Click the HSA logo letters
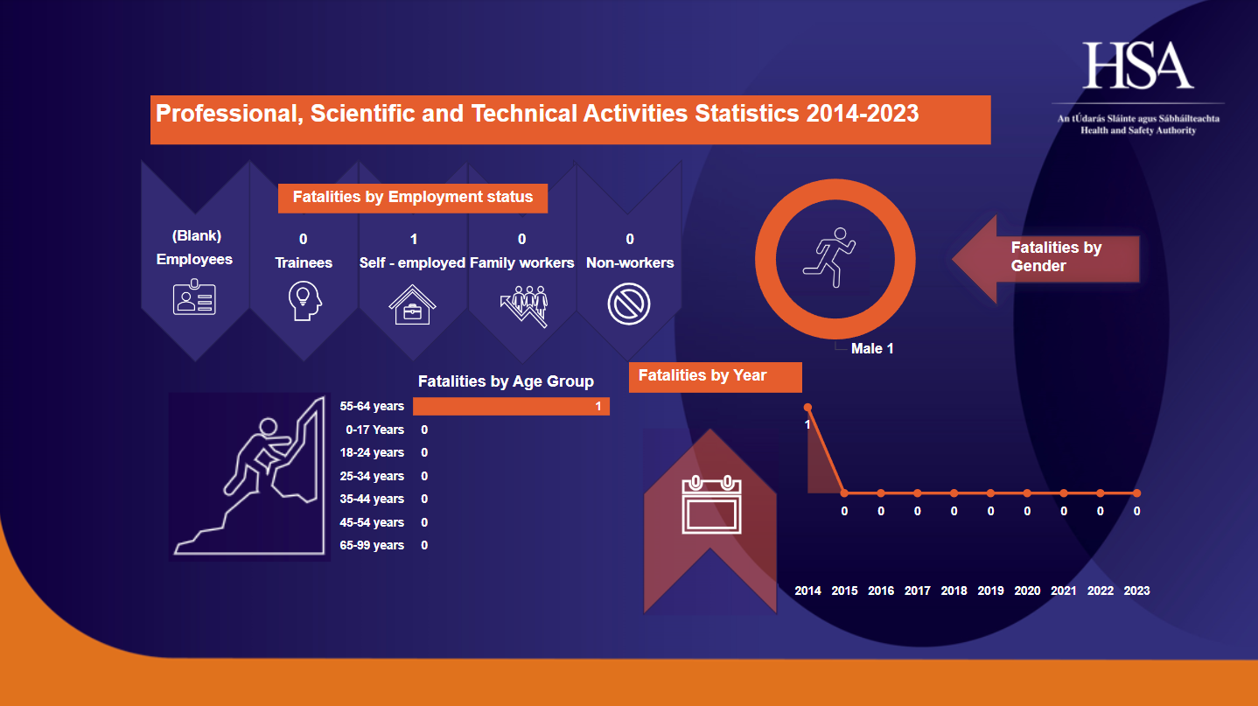(1138, 66)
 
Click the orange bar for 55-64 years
(511, 407)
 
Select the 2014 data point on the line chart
(807, 407)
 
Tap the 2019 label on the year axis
(990, 591)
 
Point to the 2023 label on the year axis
(1136, 591)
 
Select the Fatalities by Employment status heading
(412, 198)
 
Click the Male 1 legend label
(872, 349)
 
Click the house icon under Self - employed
(412, 304)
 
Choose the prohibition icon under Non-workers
(629, 304)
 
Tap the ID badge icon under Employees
(194, 297)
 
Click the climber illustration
(249, 477)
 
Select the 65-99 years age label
(372, 546)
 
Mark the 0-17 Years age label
(374, 430)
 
